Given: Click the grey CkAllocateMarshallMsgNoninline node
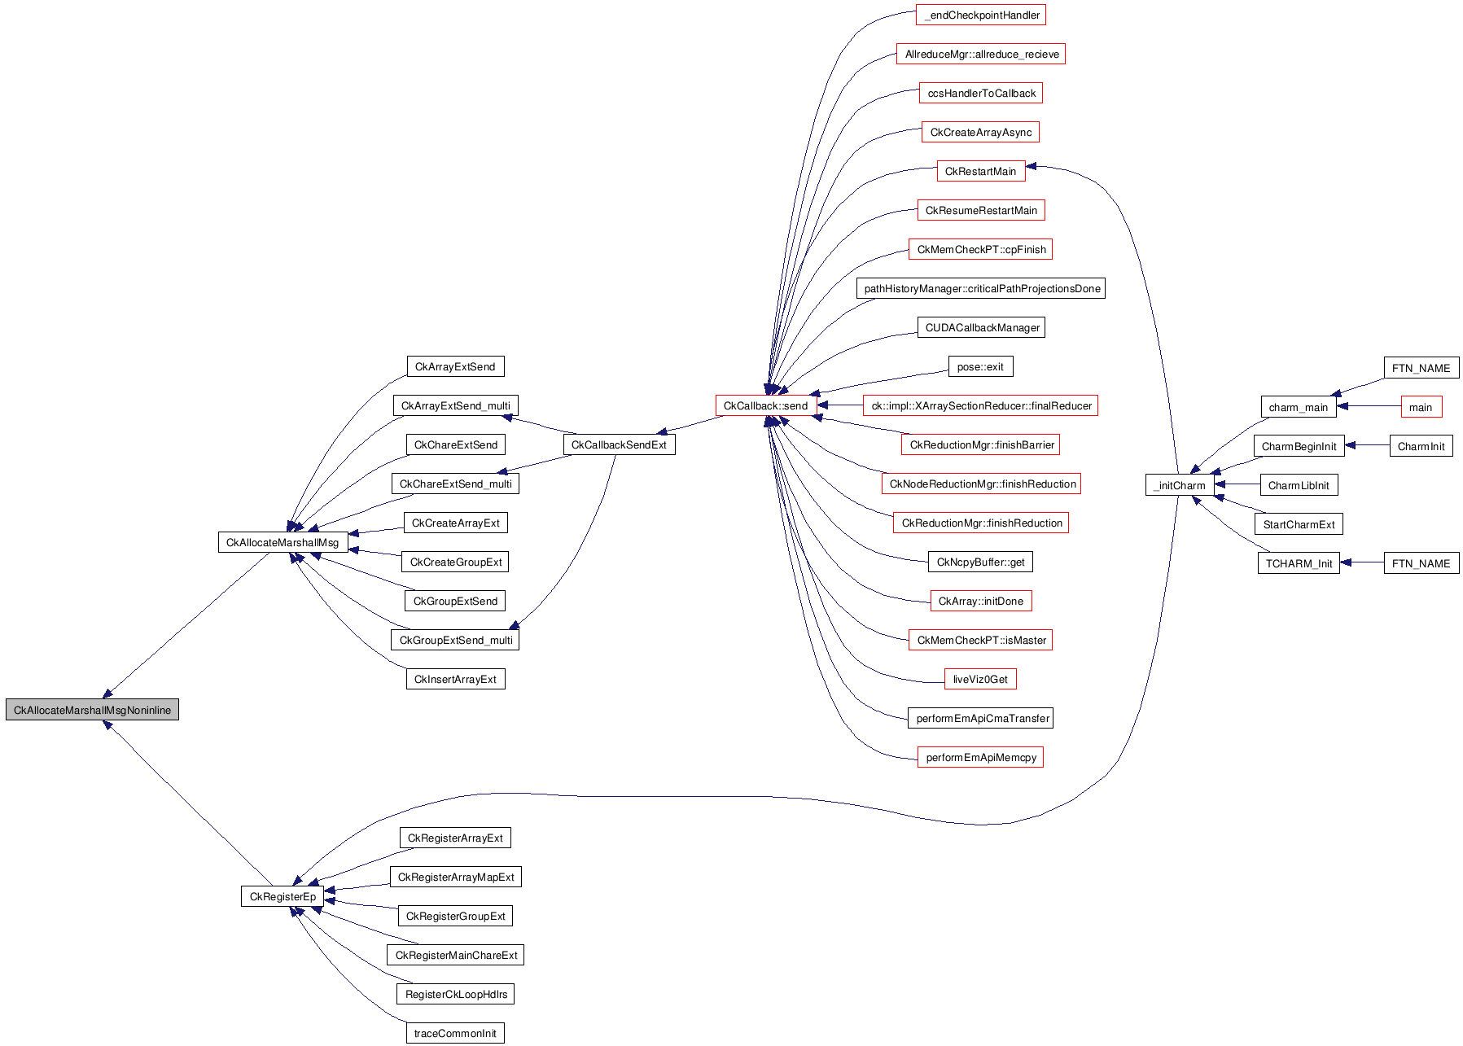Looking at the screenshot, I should point(92,710).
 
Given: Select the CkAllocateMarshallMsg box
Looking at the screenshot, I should point(283,542).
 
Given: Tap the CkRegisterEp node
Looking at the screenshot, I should point(283,896).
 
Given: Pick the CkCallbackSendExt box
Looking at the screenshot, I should point(619,444).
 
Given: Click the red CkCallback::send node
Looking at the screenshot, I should point(765,405).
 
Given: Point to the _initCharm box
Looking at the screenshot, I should point(1179,485).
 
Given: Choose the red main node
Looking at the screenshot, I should point(1421,407).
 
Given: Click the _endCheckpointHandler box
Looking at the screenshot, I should point(981,15).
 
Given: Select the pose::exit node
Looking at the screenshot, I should point(980,366).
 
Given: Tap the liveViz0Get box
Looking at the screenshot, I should point(980,679).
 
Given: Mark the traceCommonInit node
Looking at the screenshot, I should point(455,1033).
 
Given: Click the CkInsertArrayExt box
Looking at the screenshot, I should point(455,679).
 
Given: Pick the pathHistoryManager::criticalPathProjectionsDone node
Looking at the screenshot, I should point(981,288).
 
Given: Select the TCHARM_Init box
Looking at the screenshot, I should point(1299,563).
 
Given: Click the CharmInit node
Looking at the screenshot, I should point(1421,446).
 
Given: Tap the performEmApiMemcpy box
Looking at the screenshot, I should point(980,757).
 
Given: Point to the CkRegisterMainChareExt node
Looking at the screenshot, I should point(456,955).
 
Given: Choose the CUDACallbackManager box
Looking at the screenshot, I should point(981,327).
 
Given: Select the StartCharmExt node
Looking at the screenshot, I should point(1299,524).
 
